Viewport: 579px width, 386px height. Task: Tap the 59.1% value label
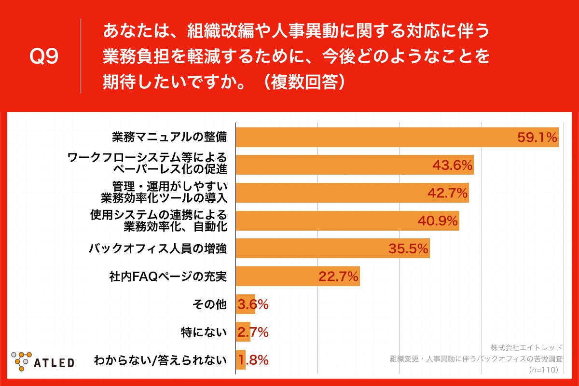[538, 138]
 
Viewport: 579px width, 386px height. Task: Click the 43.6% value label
[452, 165]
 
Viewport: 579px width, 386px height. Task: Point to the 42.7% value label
[448, 193]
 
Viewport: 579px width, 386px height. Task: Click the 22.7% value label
[338, 277]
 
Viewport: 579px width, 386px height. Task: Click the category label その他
[209, 304]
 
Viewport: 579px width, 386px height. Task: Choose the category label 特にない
[203, 332]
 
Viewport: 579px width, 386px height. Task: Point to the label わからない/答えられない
[160, 360]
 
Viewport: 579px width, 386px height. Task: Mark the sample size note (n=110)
[544, 370]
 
